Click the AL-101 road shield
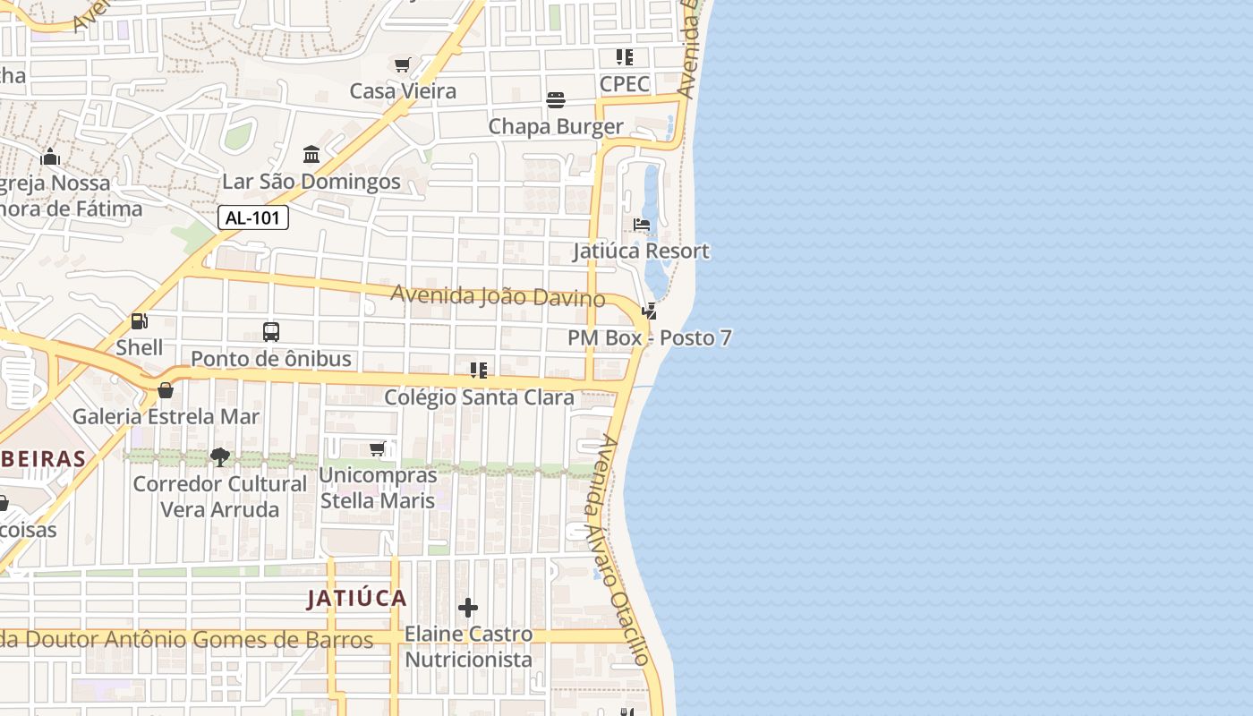click(x=253, y=217)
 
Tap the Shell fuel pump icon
click(x=139, y=320)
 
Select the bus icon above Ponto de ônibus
click(x=271, y=332)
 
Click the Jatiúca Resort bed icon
click(x=642, y=225)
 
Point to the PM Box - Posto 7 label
click(x=649, y=338)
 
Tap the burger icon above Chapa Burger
click(x=556, y=99)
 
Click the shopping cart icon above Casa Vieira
click(x=403, y=64)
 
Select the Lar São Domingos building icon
click(x=311, y=154)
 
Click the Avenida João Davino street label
click(x=498, y=295)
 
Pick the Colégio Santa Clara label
click(x=479, y=396)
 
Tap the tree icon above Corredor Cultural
click(x=219, y=457)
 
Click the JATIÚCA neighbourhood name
click(x=357, y=598)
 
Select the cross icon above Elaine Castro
click(x=468, y=609)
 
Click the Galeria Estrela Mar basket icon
click(x=166, y=390)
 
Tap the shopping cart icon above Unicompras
click(x=378, y=448)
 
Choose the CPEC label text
click(x=625, y=84)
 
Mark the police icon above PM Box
click(x=650, y=311)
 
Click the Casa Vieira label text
click(x=403, y=90)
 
